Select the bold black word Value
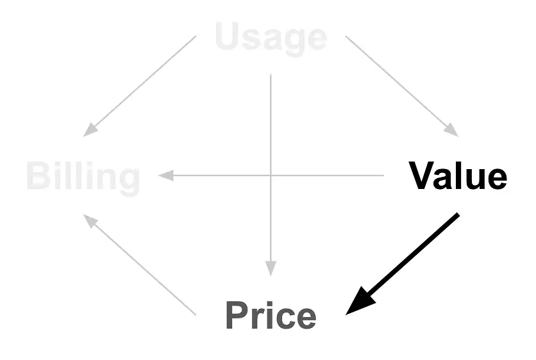458,176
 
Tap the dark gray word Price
271,315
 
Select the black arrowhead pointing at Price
359,302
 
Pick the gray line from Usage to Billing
140,86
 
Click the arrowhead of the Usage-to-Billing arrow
90,131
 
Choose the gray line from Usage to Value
402,86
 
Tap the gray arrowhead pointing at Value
452,131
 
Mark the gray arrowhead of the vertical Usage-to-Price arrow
271,268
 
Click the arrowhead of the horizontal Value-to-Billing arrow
165,176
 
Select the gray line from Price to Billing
140,265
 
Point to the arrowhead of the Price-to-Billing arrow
90,220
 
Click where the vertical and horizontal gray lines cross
271,176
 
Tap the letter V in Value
422,176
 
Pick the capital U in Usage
228,36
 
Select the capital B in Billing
38,176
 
